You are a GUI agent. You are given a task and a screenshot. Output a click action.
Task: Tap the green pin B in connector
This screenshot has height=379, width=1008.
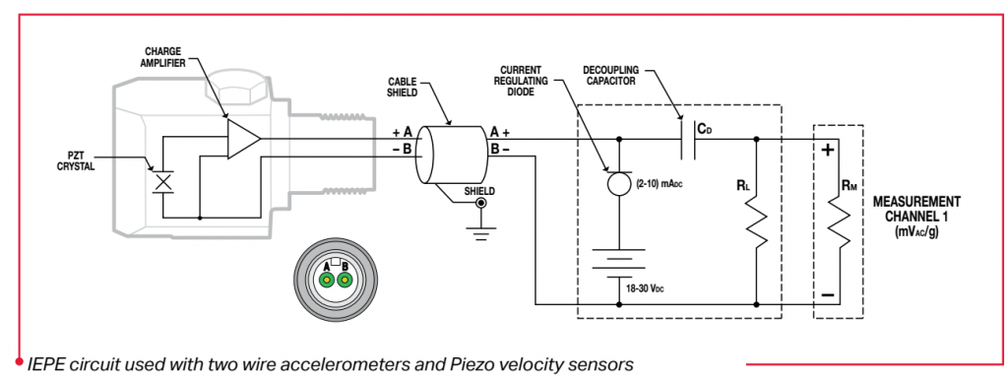tap(344, 281)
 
